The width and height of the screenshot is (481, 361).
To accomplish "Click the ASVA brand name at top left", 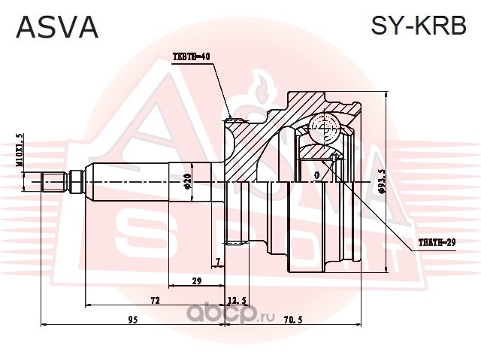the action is (57, 27).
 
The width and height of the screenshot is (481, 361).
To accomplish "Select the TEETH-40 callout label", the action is (192, 56).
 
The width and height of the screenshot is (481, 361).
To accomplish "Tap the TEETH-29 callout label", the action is (437, 242).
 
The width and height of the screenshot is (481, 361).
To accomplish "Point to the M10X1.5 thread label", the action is (19, 150).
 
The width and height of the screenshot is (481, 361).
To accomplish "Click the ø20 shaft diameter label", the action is (188, 181).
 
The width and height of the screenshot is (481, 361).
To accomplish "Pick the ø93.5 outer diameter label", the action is (381, 182).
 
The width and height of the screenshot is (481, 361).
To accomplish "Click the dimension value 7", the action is (218, 262).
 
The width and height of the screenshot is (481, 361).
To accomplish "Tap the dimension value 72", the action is (155, 300).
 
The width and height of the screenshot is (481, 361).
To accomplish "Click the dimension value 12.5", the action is (237, 301).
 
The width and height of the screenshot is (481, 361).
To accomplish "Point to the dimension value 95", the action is (133, 320).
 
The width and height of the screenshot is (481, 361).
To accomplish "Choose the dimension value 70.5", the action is (293, 320).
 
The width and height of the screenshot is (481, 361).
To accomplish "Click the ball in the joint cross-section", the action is (325, 128).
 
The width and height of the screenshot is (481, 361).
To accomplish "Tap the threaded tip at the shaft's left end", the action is (54, 182).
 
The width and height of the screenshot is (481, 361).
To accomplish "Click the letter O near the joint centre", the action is (317, 175).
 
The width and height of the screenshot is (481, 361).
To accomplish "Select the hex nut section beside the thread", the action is (77, 182).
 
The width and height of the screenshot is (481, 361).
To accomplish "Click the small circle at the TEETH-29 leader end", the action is (334, 157).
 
